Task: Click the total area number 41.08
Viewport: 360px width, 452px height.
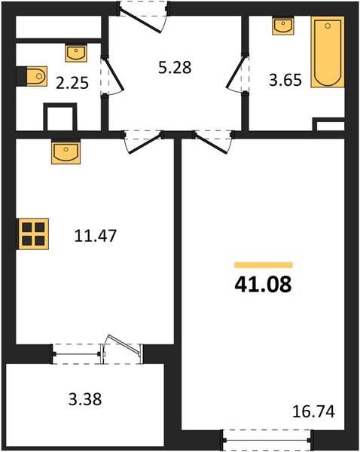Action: point(263,284)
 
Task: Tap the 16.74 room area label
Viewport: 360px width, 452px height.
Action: point(313,411)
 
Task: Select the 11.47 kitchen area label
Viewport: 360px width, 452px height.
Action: point(96,236)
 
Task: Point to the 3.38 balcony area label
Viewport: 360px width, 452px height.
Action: point(85,399)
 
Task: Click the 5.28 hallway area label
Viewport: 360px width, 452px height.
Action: point(175,68)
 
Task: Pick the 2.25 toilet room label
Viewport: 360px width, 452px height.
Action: point(72,84)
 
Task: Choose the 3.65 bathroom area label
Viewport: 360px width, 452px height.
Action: point(285,80)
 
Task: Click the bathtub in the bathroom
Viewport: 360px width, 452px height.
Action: point(328,52)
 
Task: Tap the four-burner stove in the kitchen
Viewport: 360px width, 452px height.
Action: point(33,234)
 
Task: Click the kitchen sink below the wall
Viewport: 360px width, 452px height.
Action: point(66,151)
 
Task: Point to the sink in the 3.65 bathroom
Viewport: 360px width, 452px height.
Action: point(283,26)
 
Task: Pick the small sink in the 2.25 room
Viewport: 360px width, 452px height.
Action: point(76,53)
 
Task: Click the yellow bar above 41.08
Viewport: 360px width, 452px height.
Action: point(264,265)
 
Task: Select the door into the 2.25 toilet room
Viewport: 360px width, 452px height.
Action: point(114,75)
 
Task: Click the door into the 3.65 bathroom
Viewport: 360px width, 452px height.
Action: point(236,72)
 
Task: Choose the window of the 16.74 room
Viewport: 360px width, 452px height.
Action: point(267,440)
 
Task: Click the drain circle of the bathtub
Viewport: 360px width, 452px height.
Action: point(328,26)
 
